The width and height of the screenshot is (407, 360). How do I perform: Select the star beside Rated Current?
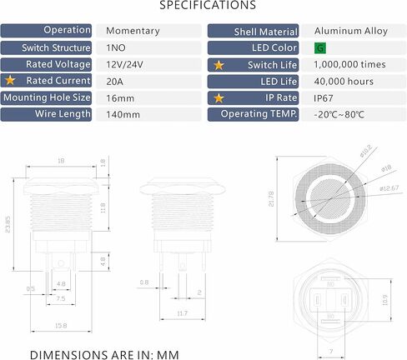(12, 81)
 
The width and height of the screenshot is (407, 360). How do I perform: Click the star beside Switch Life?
(219, 64)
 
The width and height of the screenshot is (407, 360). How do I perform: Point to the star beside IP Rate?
(219, 97)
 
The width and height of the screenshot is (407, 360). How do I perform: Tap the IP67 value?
(324, 97)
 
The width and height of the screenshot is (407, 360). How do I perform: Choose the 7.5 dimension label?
(60, 297)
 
